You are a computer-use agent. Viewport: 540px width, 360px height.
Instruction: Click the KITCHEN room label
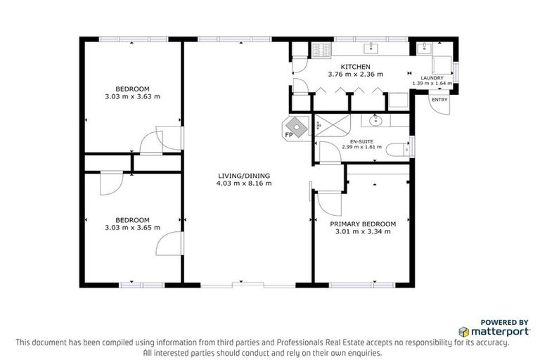coord(355,66)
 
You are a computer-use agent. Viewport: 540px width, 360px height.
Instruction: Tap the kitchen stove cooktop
coord(321,50)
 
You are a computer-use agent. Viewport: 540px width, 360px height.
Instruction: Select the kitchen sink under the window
coord(371,49)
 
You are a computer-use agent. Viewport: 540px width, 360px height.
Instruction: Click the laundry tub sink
coord(425,49)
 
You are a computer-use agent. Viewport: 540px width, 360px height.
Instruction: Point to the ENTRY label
coord(439,100)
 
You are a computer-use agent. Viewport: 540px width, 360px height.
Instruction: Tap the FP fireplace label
coord(288,135)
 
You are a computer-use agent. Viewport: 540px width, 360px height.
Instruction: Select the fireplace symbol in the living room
coord(298,127)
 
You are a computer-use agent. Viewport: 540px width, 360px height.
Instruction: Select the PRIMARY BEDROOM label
coord(363,224)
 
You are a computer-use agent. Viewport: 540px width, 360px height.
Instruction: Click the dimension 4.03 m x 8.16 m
coord(244,184)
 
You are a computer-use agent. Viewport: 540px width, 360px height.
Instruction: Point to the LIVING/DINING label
coord(244,176)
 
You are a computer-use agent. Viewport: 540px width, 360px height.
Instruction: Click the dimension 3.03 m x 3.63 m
coord(132,96)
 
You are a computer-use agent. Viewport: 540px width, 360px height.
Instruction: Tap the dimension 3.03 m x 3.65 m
coord(132,227)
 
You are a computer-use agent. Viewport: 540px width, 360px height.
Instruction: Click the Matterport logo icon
coord(464,330)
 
